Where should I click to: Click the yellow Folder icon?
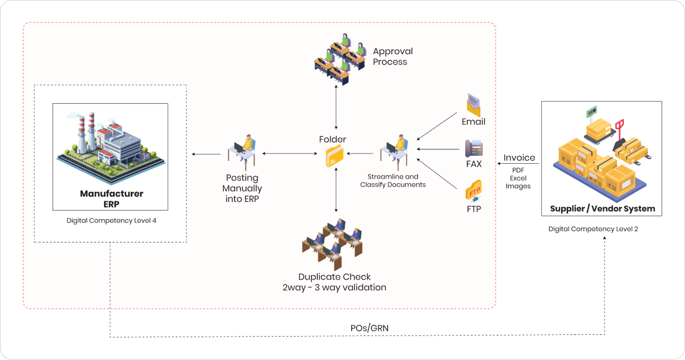pyautogui.click(x=335, y=156)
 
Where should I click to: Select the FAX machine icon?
pyautogui.click(x=473, y=148)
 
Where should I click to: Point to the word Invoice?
pyautogui.click(x=519, y=158)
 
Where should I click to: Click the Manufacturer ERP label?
pyautogui.click(x=111, y=199)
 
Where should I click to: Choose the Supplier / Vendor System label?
pyautogui.click(x=602, y=209)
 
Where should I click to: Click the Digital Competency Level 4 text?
pyautogui.click(x=111, y=220)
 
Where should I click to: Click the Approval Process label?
pyautogui.click(x=393, y=56)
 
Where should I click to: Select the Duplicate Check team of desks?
pyautogui.click(x=333, y=242)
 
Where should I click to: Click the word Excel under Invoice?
pyautogui.click(x=518, y=178)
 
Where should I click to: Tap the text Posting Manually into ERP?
pyautogui.click(x=242, y=188)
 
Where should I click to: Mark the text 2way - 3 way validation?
pyautogui.click(x=335, y=288)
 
